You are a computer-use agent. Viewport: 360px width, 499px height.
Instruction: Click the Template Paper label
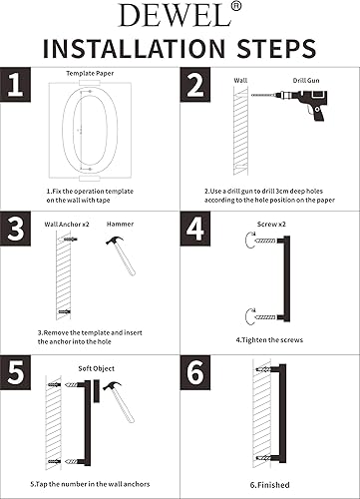tap(88, 74)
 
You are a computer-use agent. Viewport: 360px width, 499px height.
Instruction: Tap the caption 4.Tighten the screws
tap(269, 340)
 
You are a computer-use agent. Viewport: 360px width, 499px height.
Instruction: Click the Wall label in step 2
tap(240, 79)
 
